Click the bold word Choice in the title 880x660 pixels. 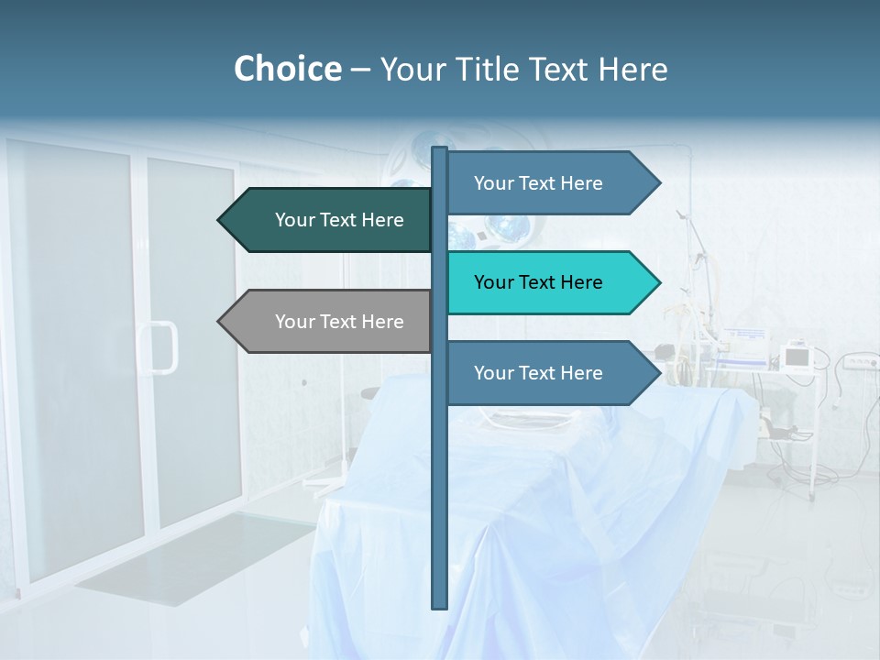click(x=287, y=70)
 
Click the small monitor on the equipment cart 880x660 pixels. click(x=797, y=356)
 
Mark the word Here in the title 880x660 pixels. click(x=632, y=70)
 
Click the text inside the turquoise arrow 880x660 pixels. click(x=538, y=282)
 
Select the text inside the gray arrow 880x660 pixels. click(x=339, y=322)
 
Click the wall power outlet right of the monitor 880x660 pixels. click(x=857, y=363)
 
